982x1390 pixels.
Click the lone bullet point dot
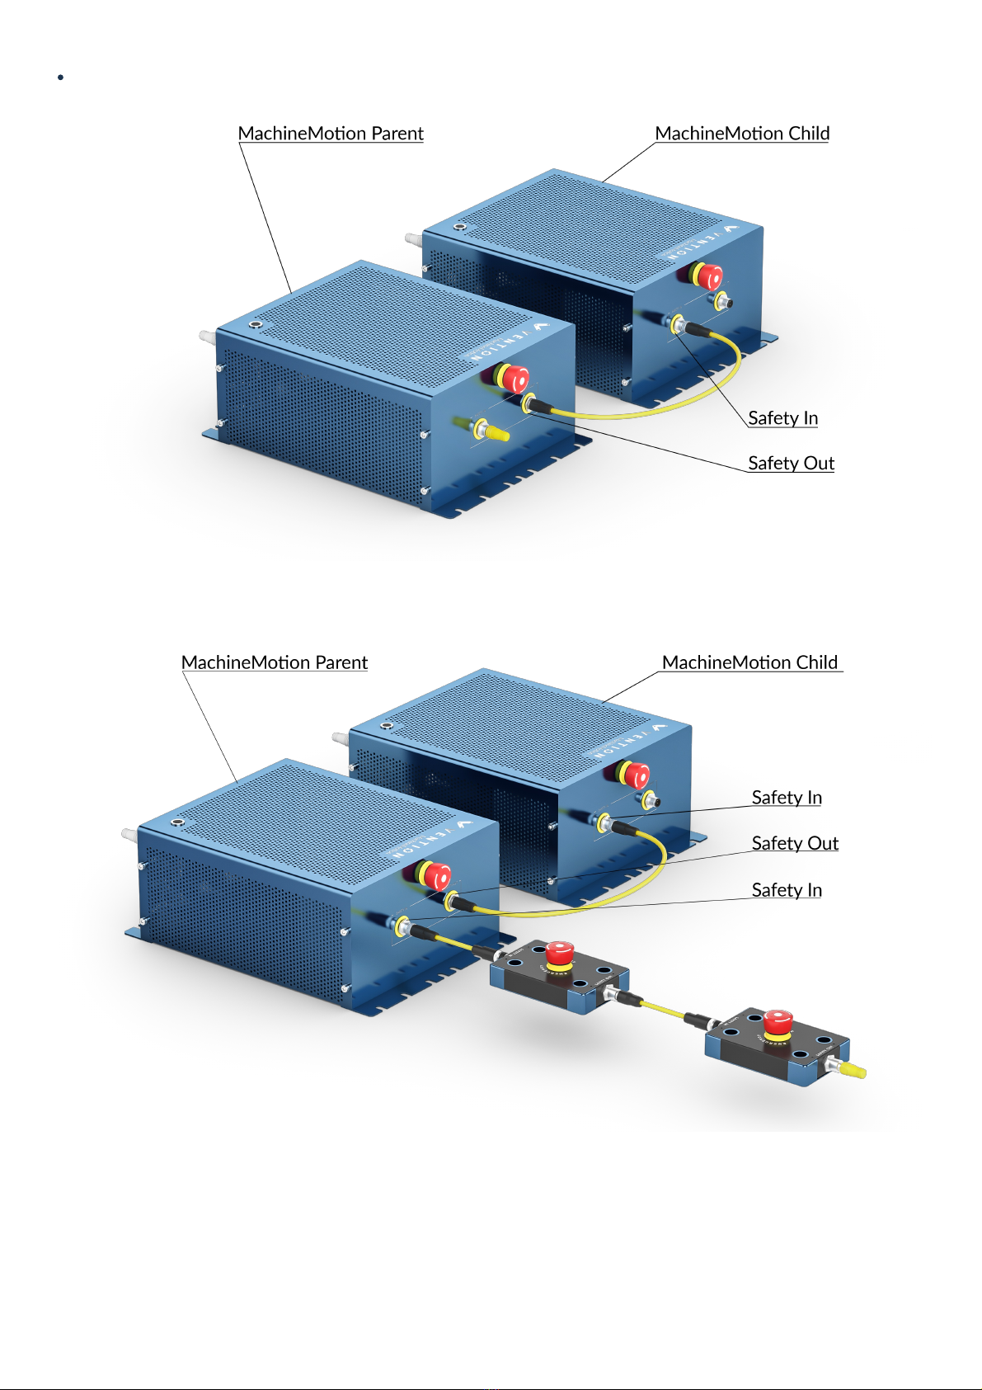tap(61, 78)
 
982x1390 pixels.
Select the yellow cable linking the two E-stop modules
tap(664, 1010)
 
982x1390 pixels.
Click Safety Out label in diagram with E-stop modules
tap(794, 843)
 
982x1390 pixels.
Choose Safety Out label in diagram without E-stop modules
tap(791, 463)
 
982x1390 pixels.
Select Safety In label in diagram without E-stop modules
tap(782, 418)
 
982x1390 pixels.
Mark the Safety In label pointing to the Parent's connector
tap(787, 890)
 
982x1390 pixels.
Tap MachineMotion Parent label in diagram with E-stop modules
tap(274, 662)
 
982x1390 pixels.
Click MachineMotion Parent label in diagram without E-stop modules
tap(330, 134)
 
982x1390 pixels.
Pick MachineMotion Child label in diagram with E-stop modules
tap(749, 662)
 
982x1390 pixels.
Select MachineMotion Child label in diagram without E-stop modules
tap(742, 134)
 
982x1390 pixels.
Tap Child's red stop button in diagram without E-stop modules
tap(708, 276)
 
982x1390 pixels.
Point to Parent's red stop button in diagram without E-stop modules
tap(515, 379)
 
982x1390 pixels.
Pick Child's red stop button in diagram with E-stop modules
tap(636, 775)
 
